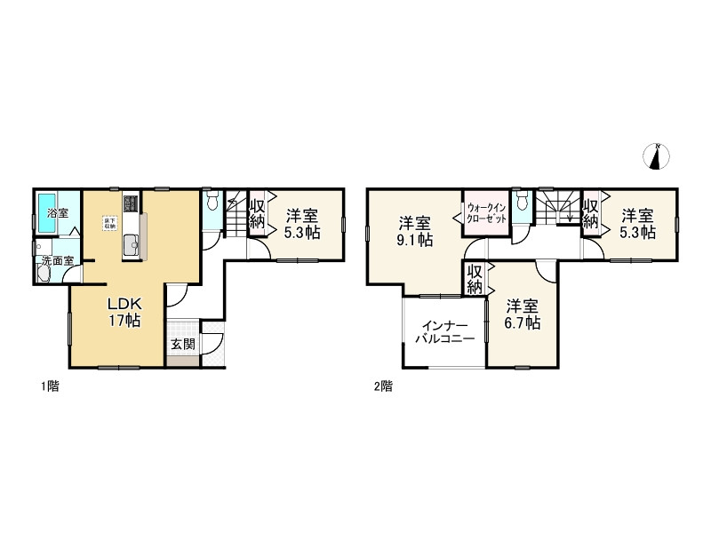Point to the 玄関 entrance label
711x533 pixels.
[x=184, y=343]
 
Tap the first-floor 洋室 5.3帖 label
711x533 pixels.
[x=301, y=224]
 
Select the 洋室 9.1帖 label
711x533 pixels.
[x=415, y=230]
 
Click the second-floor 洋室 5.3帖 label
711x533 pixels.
[x=637, y=224]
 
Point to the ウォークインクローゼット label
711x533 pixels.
[x=486, y=213]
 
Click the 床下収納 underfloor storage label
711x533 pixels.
[x=109, y=224]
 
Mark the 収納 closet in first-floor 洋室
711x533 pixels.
[x=257, y=214]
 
